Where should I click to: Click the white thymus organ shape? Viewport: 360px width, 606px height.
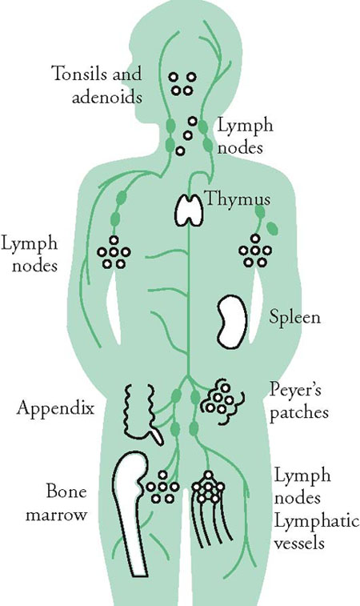pyautogui.click(x=189, y=210)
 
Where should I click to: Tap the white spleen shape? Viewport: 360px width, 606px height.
pyautogui.click(x=232, y=322)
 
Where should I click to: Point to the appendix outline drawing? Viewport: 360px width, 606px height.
pyautogui.click(x=142, y=414)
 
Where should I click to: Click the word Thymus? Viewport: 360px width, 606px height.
pyautogui.click(x=237, y=199)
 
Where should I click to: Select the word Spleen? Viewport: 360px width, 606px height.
pyautogui.click(x=294, y=318)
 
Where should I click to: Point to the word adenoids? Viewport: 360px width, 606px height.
pyautogui.click(x=107, y=97)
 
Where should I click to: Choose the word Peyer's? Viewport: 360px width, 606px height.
pyautogui.click(x=295, y=391)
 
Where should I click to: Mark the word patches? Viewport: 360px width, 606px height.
pyautogui.click(x=299, y=413)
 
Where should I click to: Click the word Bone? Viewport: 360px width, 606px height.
pyautogui.click(x=66, y=492)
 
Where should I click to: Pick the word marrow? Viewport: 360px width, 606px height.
pyautogui.click(x=56, y=516)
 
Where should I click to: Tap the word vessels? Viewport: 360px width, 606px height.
pyautogui.click(x=299, y=544)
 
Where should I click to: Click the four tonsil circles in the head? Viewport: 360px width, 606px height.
pyautogui.click(x=182, y=83)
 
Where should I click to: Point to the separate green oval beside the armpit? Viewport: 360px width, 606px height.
pyautogui.click(x=272, y=228)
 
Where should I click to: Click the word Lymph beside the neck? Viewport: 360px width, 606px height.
pyautogui.click(x=246, y=126)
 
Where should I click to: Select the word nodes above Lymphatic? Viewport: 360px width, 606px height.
pyautogui.click(x=298, y=498)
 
